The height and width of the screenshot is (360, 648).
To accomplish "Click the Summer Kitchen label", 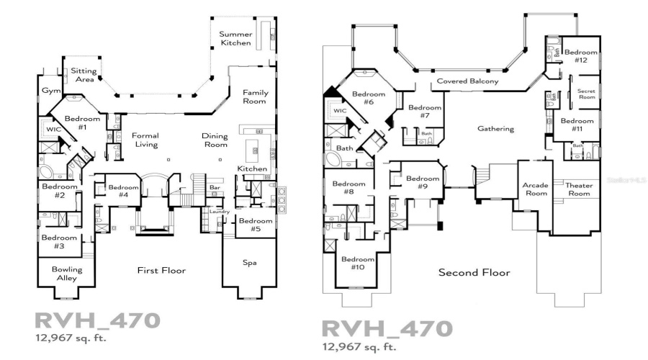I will [x=235, y=38].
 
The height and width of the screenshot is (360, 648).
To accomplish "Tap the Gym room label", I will [x=50, y=92].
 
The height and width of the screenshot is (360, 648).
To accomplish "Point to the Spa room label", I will [x=249, y=262].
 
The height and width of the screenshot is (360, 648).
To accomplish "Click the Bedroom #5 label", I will [x=256, y=225].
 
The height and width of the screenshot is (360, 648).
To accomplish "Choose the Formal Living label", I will [x=145, y=140].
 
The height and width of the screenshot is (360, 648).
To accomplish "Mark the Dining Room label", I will [x=215, y=140].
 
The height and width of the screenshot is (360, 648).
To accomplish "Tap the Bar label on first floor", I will [x=214, y=187].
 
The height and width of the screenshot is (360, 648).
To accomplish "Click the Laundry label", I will [x=219, y=211].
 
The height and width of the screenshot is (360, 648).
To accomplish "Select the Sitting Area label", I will [x=84, y=75].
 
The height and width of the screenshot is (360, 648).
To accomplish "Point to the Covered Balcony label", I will [x=467, y=82].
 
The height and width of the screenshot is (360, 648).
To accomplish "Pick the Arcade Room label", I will [x=535, y=189].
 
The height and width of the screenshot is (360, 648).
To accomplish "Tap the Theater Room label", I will [x=578, y=189].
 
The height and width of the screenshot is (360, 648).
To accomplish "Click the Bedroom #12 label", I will [x=580, y=56].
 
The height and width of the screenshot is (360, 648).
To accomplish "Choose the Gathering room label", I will [x=495, y=129].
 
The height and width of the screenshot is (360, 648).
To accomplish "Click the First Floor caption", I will [x=162, y=270].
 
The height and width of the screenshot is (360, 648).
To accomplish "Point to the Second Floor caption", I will [x=474, y=273].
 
